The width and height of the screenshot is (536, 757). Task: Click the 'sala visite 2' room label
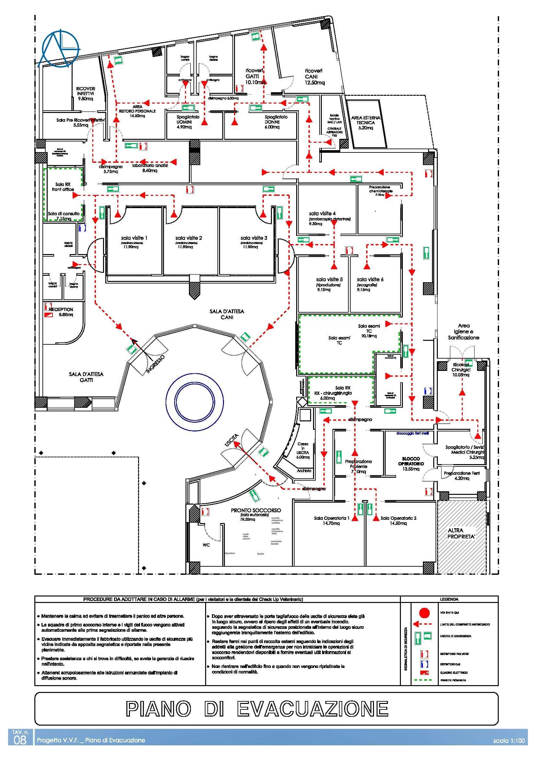(x=189, y=238)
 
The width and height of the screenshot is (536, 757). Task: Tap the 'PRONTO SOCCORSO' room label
(x=256, y=510)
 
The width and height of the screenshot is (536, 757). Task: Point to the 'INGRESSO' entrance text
(x=155, y=364)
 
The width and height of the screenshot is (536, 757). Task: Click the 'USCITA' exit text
(x=231, y=440)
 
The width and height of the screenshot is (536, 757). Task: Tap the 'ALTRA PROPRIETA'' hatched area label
(x=461, y=533)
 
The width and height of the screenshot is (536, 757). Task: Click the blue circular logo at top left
(x=60, y=49)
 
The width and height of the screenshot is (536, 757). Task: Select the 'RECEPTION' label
(x=61, y=309)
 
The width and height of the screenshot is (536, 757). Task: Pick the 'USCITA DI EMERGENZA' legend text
(x=455, y=636)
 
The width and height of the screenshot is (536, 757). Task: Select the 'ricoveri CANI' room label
(x=314, y=76)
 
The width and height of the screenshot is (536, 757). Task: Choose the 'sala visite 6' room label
(x=370, y=279)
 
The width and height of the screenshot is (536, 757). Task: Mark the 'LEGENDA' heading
(x=449, y=599)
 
